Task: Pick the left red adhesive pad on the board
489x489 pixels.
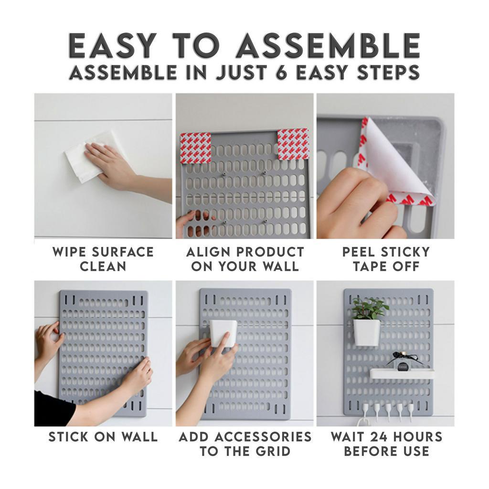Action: pos(195,148)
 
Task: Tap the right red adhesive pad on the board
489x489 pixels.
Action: pos(293,144)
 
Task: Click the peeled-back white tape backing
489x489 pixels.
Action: pos(393,162)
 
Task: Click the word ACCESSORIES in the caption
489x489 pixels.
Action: pos(263,437)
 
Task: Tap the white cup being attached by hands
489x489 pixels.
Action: pos(223,333)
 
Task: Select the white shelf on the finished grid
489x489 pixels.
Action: pos(402,373)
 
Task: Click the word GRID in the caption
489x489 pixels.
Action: pos(273,451)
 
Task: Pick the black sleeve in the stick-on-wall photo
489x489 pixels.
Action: pos(52,409)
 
